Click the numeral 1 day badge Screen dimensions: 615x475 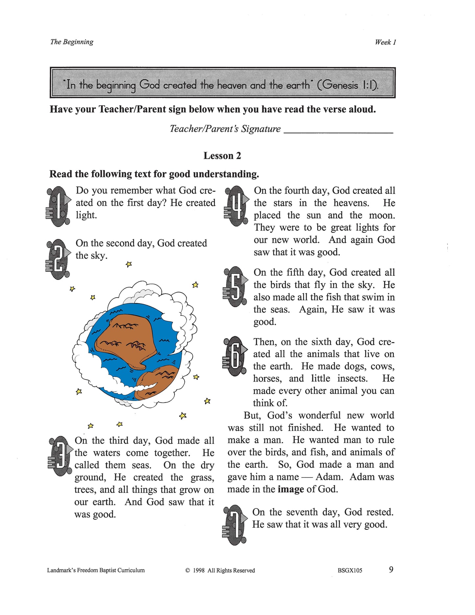click(59, 206)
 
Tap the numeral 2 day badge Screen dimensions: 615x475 click(59, 259)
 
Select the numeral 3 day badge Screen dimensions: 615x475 click(60, 456)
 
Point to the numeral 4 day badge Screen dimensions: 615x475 click(236, 206)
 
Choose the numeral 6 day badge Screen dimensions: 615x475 click(235, 356)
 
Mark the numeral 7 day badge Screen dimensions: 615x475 click(235, 525)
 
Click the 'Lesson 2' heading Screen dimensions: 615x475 click(222, 156)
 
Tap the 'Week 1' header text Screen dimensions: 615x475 click(385, 42)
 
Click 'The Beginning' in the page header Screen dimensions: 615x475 click(72, 42)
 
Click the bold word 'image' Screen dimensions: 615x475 click(291, 489)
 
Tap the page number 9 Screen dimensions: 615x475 click(391, 569)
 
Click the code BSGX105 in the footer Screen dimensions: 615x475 click(350, 570)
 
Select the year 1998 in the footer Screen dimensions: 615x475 click(199, 570)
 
